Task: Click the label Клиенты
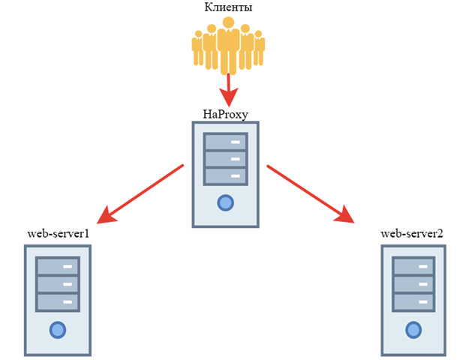(x=228, y=8)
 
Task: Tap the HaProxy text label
(x=225, y=114)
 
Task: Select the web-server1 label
(x=58, y=233)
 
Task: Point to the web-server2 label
(x=412, y=233)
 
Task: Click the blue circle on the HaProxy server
(x=225, y=202)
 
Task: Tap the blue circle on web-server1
(x=57, y=328)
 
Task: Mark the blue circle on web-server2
(x=412, y=328)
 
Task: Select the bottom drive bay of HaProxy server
(x=225, y=176)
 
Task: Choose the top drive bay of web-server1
(x=57, y=267)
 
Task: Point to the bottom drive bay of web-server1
(x=57, y=301)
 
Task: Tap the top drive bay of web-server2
(x=412, y=267)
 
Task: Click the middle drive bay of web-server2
(x=412, y=284)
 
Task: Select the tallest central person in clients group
(x=228, y=45)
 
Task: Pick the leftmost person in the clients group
(x=197, y=49)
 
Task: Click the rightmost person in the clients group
(x=259, y=49)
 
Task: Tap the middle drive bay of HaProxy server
(x=225, y=159)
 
